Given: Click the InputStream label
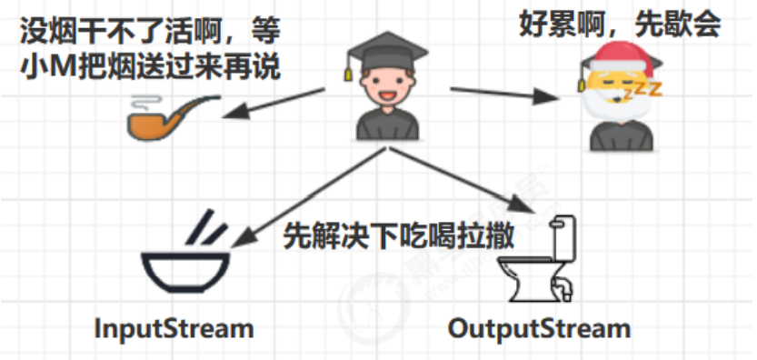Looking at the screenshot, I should tap(174, 328).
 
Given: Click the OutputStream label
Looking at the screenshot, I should tap(540, 328).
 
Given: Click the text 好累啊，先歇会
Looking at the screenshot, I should tap(620, 24).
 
